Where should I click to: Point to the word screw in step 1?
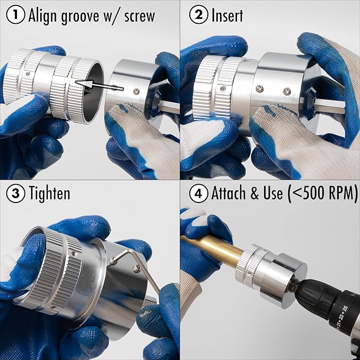[139, 16]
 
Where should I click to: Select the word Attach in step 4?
[228, 193]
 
